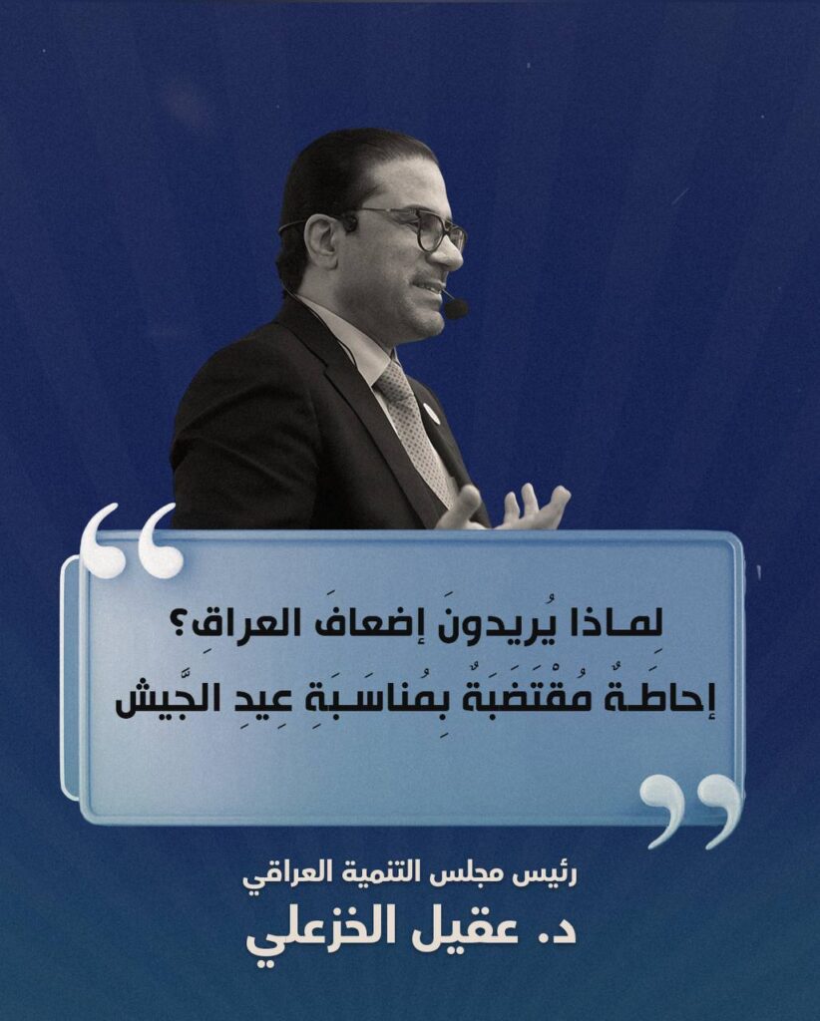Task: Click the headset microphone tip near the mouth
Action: tap(455, 307)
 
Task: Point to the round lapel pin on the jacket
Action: tap(430, 411)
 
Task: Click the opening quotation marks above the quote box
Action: tap(133, 539)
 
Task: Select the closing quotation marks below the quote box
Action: tap(691, 810)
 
